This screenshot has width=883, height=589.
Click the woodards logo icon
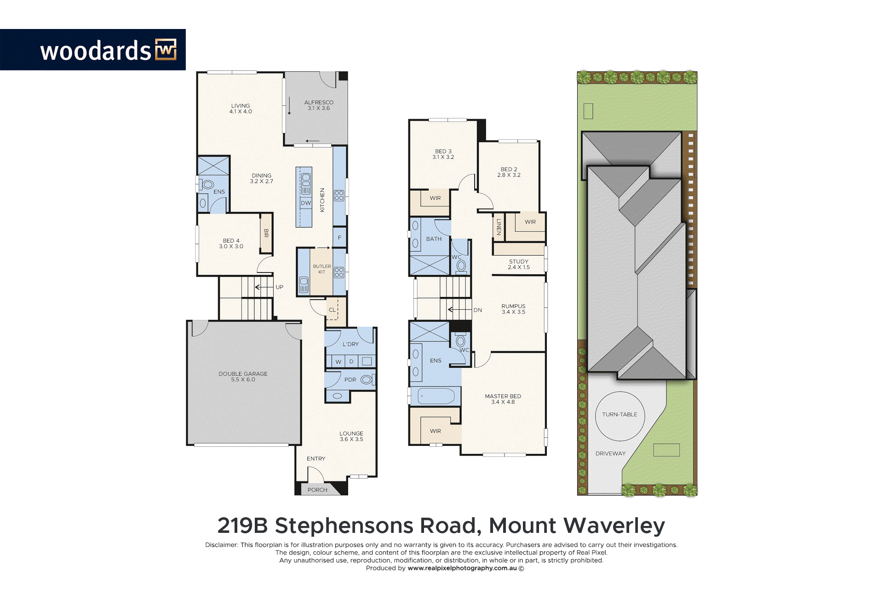tap(166, 50)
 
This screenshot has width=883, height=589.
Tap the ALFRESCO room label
tap(319, 103)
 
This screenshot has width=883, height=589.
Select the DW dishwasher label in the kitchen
tap(306, 203)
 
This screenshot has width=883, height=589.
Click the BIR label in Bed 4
tap(266, 233)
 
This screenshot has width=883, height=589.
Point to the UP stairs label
tap(280, 287)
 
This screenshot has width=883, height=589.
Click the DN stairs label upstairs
tap(478, 310)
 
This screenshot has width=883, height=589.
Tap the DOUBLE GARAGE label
tap(243, 374)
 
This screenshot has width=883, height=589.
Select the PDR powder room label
tap(350, 380)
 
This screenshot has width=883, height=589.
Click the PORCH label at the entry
tap(317, 490)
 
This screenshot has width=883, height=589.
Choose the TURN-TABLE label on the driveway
tap(620, 414)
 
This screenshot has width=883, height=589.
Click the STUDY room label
tap(519, 261)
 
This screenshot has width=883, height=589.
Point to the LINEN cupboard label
tap(499, 227)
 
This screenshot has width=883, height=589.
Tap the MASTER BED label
tap(503, 396)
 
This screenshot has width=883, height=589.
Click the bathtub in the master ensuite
tap(436, 396)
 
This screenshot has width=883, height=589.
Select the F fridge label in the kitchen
tap(340, 237)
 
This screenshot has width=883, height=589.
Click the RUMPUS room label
tap(513, 306)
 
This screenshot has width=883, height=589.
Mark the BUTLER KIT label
tap(322, 269)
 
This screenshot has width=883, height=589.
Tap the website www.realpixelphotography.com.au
tap(462, 568)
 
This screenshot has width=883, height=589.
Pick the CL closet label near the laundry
tap(332, 310)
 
